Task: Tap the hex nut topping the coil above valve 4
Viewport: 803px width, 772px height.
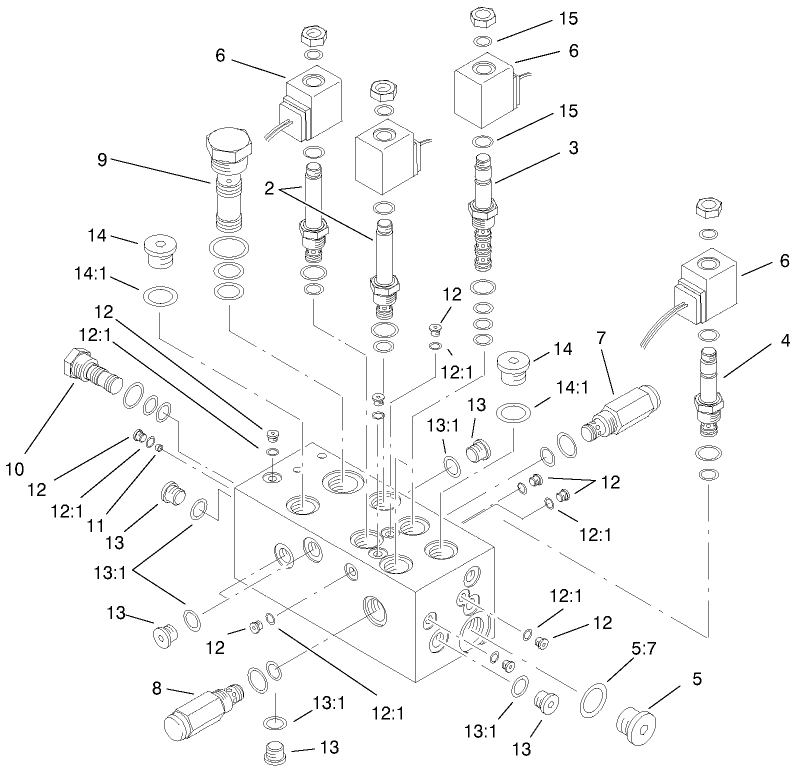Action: pyautogui.click(x=707, y=208)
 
